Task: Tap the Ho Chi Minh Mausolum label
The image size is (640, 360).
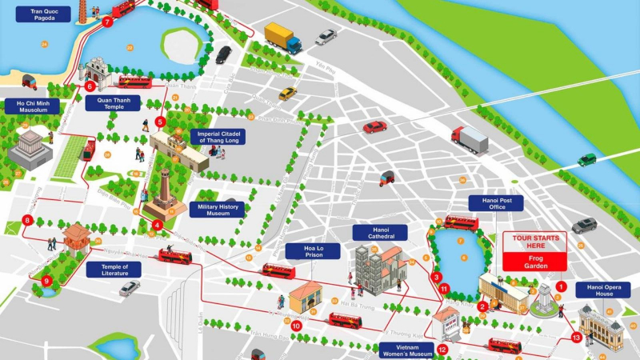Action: [32, 106]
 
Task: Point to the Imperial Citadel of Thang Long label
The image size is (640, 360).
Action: [217, 137]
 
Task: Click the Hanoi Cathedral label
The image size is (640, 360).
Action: [380, 233]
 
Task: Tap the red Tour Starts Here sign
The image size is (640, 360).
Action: [534, 250]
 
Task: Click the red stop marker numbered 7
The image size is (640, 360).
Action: [107, 22]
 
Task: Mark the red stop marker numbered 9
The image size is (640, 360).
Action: [47, 281]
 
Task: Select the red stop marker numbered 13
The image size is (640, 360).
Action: [577, 338]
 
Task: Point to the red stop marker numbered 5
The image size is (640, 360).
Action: [161, 122]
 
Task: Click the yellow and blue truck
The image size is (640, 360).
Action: [282, 38]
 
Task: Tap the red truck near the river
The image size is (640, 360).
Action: [470, 139]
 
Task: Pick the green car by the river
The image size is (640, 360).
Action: [587, 159]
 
